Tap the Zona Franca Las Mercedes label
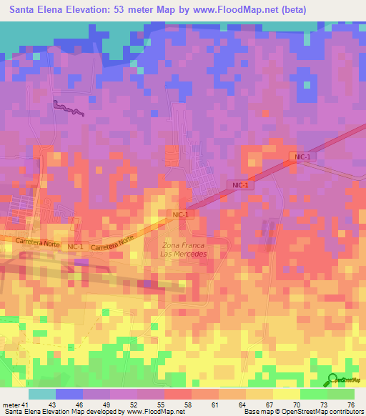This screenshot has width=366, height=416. click(183, 249)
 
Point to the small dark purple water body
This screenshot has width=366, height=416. click(68, 108)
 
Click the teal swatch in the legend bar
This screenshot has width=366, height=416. click(41, 394)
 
